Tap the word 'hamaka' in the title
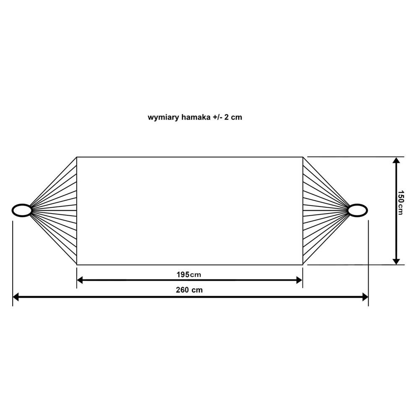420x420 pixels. point(196,117)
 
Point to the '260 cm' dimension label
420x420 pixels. point(189,290)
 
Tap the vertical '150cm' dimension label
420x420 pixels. point(400,203)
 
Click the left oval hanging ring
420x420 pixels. point(22,210)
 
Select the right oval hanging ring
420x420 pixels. point(357,210)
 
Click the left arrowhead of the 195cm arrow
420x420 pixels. point(80,280)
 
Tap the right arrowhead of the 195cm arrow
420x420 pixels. point(300,280)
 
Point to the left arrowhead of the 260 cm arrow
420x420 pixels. point(16,297)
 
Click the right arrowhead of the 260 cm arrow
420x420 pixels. point(365,297)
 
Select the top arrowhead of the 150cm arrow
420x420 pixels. point(396,160)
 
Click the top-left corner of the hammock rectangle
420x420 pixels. point(77,157)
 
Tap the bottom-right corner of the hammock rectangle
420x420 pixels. point(303,265)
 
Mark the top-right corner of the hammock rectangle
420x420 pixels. point(303,157)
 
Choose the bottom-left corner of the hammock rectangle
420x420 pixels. point(77,265)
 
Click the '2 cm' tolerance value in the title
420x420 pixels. point(233,117)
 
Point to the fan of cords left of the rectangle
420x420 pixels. point(54,211)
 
